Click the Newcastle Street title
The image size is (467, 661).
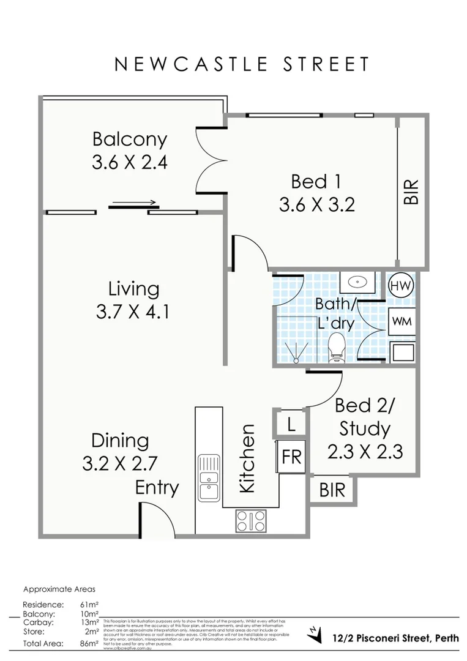click(x=242, y=64)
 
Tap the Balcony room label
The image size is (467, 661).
click(x=130, y=139)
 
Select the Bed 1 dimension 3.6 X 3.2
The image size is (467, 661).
click(x=316, y=205)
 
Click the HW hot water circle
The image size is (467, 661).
click(x=402, y=286)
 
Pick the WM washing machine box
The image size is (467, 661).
click(x=402, y=321)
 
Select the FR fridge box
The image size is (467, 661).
click(x=291, y=457)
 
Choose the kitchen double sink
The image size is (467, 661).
click(x=209, y=479)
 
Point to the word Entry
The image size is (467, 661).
click(x=157, y=488)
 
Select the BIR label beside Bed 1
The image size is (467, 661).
click(x=411, y=192)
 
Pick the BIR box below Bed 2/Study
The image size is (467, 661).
click(x=332, y=490)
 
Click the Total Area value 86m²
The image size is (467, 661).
click(x=89, y=643)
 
